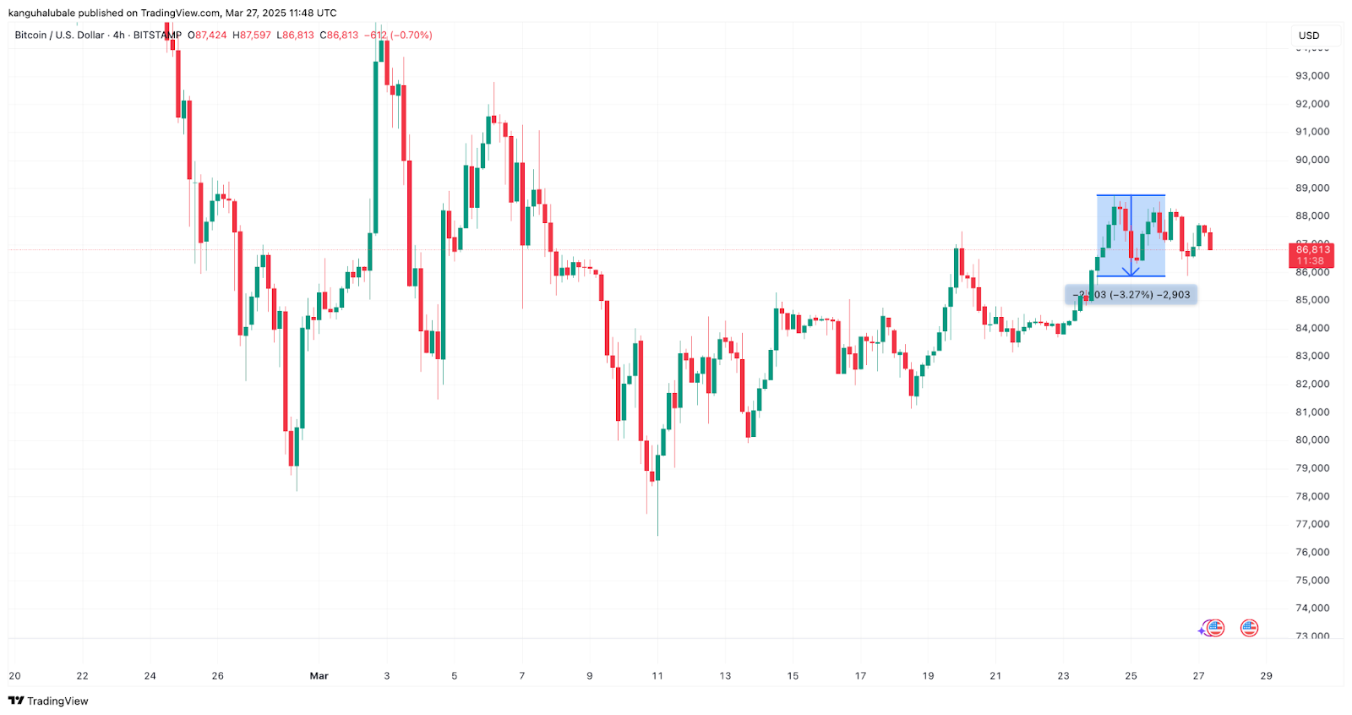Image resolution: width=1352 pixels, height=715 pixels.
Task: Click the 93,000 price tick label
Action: [1312, 76]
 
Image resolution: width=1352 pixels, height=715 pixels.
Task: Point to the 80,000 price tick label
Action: [1312, 440]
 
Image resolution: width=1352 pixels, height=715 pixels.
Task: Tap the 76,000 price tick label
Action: [1312, 553]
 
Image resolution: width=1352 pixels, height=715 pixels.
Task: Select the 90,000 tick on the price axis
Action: [1312, 160]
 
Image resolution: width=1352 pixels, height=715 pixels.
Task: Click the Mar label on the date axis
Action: [319, 676]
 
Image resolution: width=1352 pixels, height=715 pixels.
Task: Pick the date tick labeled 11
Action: [657, 676]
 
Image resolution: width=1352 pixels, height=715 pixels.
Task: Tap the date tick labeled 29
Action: [1266, 676]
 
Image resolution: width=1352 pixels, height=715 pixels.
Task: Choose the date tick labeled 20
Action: [14, 676]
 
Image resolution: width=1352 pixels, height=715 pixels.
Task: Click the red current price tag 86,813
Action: [1312, 250]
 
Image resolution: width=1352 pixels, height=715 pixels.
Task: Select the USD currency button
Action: [1309, 35]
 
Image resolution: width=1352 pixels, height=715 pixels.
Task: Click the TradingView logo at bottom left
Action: [48, 701]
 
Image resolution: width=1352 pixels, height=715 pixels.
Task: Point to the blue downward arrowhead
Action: [1131, 270]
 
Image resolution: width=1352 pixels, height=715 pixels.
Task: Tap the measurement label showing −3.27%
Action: [1131, 295]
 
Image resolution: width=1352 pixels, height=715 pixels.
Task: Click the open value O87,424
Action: [207, 35]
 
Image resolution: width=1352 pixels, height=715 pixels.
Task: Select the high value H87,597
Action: [252, 35]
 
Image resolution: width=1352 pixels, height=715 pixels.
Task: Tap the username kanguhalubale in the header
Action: [41, 13]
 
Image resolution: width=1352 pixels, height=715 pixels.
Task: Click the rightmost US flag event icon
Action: [1249, 628]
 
